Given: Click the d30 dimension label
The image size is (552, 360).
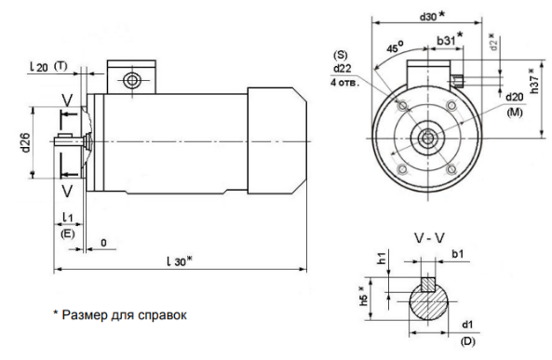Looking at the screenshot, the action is click(x=428, y=17).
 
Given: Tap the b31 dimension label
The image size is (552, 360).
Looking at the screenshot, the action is click(x=446, y=41).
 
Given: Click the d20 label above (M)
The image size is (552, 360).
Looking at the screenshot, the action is click(x=515, y=97).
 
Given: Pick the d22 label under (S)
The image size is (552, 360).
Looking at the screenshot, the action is click(x=343, y=68).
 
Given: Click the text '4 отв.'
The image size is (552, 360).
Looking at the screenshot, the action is click(x=344, y=83).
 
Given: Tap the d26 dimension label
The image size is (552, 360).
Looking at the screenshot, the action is click(x=25, y=142).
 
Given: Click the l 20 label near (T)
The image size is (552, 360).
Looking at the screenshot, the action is click(x=39, y=67).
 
